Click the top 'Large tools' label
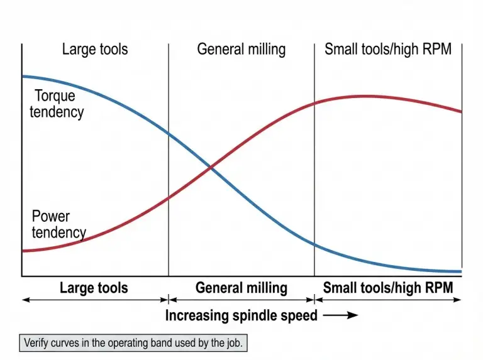point(95,49)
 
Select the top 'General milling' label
point(241,49)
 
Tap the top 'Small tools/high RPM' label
point(388,49)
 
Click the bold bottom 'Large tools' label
point(94,288)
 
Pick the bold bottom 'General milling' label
point(241,288)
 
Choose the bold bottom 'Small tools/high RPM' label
point(388,288)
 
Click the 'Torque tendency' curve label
point(57,104)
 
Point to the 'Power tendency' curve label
point(58,224)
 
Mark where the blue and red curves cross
point(210,168)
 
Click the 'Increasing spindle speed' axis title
point(241,315)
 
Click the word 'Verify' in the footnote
point(38,344)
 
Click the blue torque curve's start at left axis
point(23,76)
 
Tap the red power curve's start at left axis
point(23,251)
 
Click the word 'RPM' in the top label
point(436,49)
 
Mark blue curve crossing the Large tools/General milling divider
point(169,133)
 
